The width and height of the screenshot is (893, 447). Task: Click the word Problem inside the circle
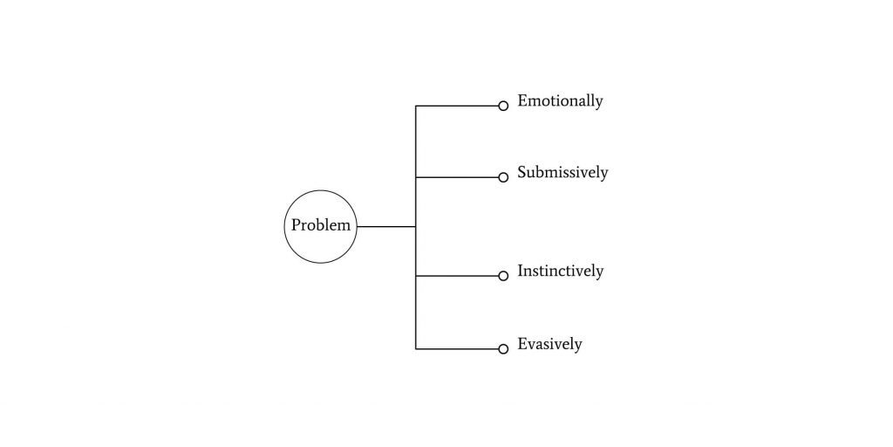pyautogui.click(x=321, y=226)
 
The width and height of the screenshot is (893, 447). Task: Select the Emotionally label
pyautogui.click(x=560, y=101)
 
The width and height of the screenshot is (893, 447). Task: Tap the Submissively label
pyautogui.click(x=562, y=173)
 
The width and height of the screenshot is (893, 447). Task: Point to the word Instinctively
pyautogui.click(x=560, y=272)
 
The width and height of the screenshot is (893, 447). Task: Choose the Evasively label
pyautogui.click(x=549, y=344)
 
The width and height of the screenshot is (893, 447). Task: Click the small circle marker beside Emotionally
pyautogui.click(x=503, y=106)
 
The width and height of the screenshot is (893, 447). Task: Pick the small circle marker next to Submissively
pyautogui.click(x=503, y=177)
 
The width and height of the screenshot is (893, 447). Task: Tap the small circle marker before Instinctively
pyautogui.click(x=503, y=276)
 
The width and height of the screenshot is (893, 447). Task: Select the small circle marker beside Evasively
pyautogui.click(x=503, y=349)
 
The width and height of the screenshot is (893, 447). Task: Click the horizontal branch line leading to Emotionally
pyautogui.click(x=457, y=106)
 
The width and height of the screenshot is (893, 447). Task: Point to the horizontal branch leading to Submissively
pyautogui.click(x=457, y=177)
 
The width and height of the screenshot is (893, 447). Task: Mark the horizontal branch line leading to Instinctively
pyautogui.click(x=457, y=276)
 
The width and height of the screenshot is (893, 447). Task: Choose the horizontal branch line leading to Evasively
pyautogui.click(x=457, y=349)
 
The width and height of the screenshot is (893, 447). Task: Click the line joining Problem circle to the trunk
pyautogui.click(x=386, y=227)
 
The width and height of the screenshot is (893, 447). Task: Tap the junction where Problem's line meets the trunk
pyautogui.click(x=416, y=227)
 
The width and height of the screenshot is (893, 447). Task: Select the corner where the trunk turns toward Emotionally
pyautogui.click(x=416, y=106)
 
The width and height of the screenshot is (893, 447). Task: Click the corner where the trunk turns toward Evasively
pyautogui.click(x=416, y=349)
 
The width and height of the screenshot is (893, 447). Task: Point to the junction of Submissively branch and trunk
pyautogui.click(x=416, y=177)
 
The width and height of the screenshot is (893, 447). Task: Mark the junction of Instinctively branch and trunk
pyautogui.click(x=416, y=276)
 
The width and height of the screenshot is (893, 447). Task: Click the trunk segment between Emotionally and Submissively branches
pyautogui.click(x=416, y=141)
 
